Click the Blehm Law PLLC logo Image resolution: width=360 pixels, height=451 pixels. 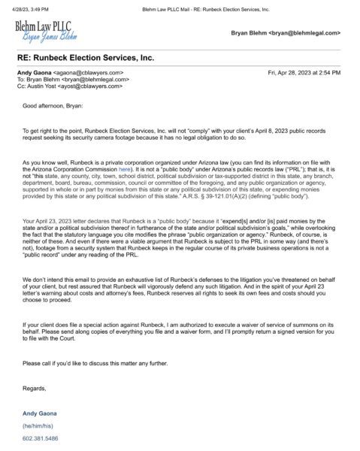(47, 33)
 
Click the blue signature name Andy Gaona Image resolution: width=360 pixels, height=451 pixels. (41, 413)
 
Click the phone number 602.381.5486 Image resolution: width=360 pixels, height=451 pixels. (41, 437)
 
